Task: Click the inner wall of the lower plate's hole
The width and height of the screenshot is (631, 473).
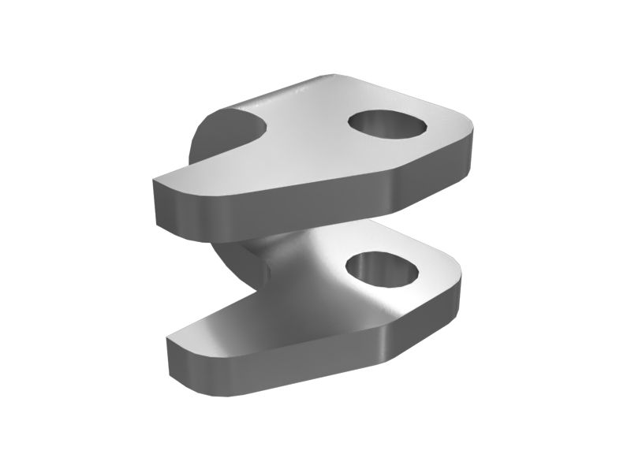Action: [x=371, y=264]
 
